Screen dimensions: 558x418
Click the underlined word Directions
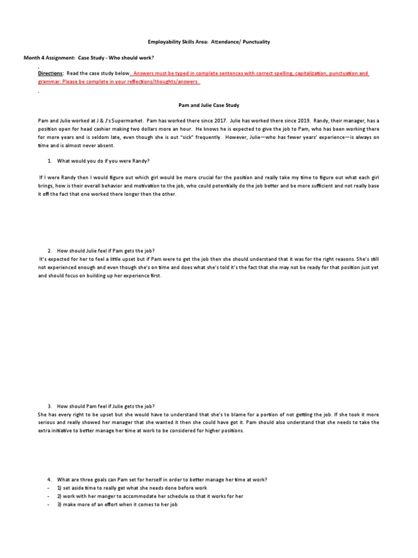pyautogui.click(x=50, y=73)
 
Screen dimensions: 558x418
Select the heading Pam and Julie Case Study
pyautogui.click(x=208, y=105)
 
